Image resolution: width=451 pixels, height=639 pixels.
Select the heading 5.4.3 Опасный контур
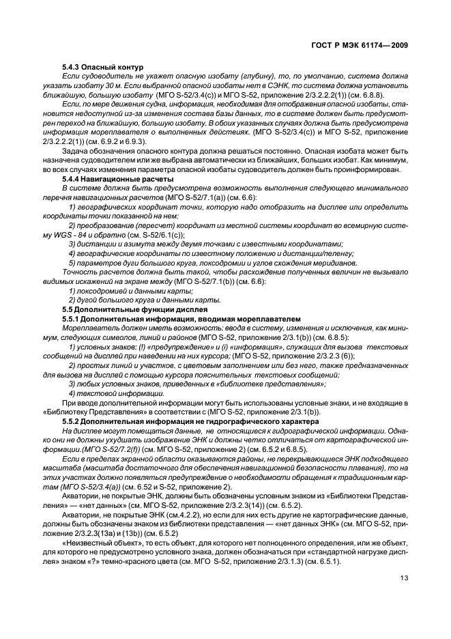point(102,67)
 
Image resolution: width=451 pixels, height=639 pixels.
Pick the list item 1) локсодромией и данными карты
point(126,292)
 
